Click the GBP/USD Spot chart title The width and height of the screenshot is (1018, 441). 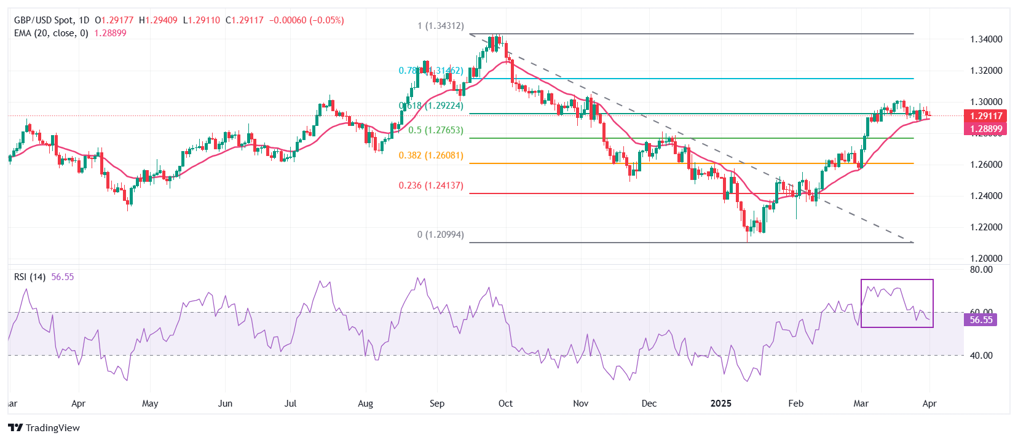(53, 20)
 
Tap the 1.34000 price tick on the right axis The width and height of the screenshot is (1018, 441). (986, 39)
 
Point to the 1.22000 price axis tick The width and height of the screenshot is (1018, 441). (986, 227)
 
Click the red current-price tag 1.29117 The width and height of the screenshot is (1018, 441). (985, 115)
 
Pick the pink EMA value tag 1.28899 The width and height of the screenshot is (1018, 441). (985, 129)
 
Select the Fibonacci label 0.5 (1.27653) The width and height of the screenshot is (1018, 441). (436, 130)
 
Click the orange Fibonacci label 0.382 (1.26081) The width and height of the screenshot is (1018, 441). (431, 155)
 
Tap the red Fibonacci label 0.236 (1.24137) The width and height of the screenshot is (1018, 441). (431, 185)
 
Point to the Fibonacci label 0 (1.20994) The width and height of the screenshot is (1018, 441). (441, 235)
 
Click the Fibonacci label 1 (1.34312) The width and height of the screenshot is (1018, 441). (441, 26)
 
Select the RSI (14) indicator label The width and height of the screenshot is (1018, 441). (30, 277)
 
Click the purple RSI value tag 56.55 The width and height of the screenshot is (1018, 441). (981, 320)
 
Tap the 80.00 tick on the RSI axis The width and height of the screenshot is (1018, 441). (981, 270)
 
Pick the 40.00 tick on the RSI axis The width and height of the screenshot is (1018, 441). (981, 356)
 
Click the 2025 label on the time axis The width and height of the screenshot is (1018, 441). (721, 404)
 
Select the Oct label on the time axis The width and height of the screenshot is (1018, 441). (505, 404)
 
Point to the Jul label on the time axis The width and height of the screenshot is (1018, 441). (290, 404)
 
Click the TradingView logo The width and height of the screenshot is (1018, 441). (44, 427)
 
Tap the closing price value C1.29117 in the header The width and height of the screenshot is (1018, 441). (245, 20)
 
